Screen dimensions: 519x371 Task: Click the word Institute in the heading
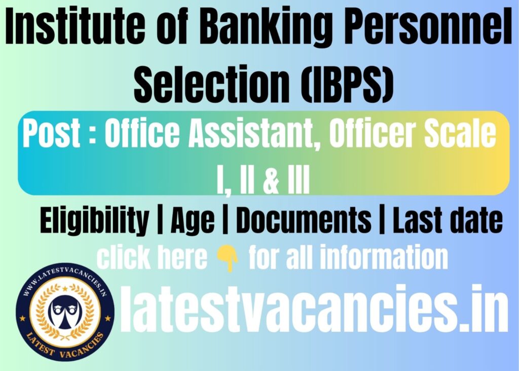click(75, 26)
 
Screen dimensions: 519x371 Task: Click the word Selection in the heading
click(212, 84)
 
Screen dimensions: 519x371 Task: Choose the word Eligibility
click(94, 220)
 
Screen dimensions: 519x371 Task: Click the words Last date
click(448, 219)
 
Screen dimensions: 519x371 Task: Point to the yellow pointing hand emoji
click(228, 259)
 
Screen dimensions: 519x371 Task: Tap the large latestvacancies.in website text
click(313, 309)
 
